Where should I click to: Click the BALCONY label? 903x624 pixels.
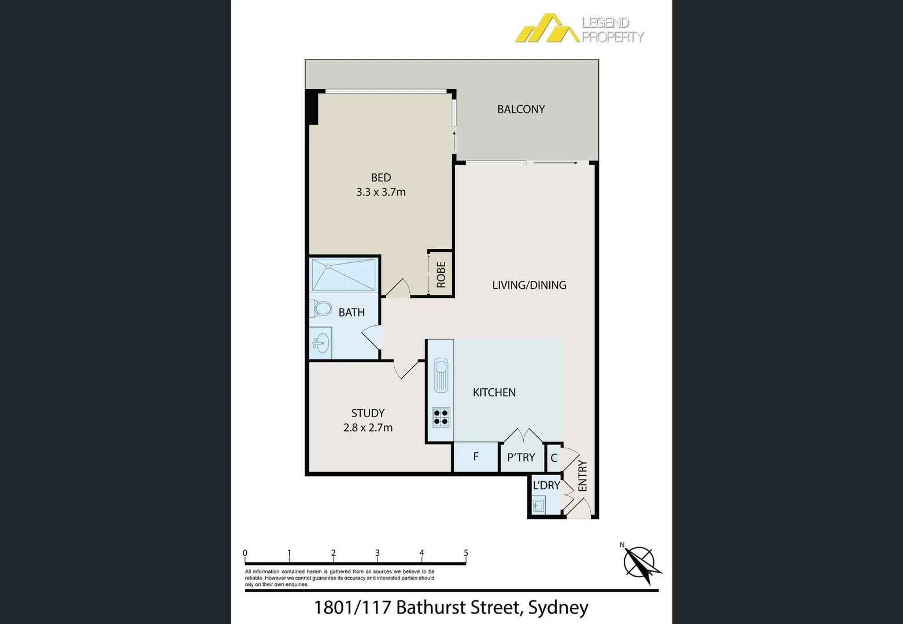point(521,109)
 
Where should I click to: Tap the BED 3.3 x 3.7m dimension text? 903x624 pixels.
point(381,192)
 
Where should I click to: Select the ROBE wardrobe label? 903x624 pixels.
point(441,275)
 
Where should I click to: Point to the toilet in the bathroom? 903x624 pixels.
point(323,308)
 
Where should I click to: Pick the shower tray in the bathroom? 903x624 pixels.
point(343,275)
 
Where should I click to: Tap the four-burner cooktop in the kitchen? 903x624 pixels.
point(441,417)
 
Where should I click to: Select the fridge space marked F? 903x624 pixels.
point(476,457)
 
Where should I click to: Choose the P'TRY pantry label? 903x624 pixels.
point(521,458)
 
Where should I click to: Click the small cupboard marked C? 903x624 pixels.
point(554,458)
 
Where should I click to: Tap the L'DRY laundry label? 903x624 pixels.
point(546,485)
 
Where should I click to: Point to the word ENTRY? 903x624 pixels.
point(582,476)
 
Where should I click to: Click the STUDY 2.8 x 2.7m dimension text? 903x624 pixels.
point(368,428)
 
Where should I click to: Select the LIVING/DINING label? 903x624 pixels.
point(529,285)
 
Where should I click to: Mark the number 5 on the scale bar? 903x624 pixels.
point(466,553)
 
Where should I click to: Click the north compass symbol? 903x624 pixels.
point(641,562)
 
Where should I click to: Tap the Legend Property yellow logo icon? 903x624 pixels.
point(546,29)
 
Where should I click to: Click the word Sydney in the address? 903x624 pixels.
point(558,607)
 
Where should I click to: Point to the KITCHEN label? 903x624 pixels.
point(494,392)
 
